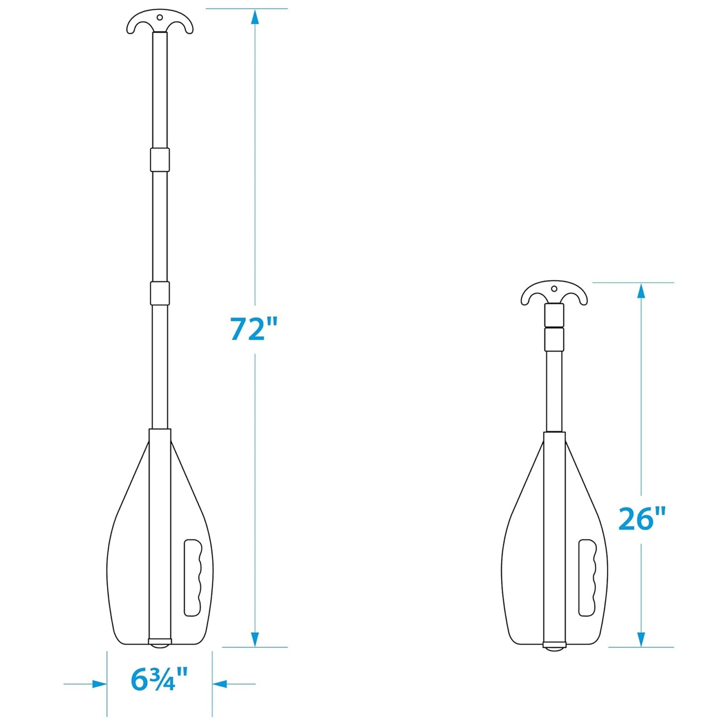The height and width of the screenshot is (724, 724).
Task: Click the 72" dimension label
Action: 254,329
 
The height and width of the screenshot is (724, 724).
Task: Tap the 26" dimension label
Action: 642,518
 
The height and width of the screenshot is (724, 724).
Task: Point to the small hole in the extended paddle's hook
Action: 160,18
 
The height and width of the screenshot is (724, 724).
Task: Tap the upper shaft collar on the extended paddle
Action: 160,160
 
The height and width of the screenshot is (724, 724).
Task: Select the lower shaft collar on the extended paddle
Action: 160,293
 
